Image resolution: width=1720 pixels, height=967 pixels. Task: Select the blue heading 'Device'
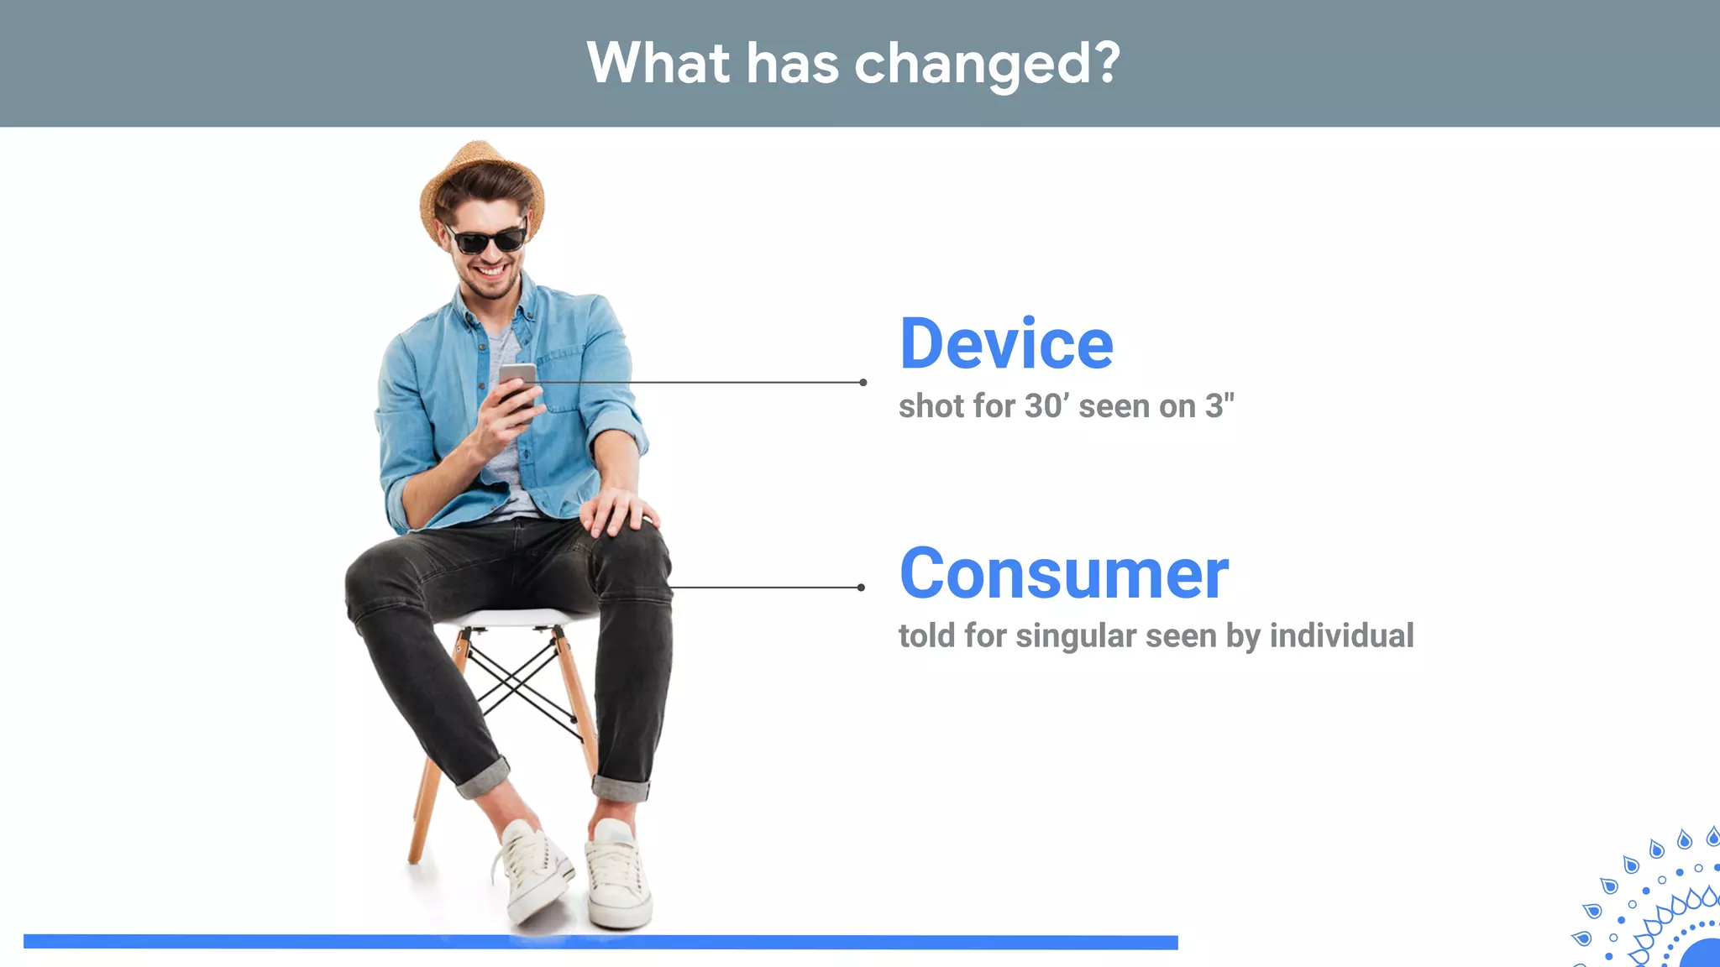coord(1006,344)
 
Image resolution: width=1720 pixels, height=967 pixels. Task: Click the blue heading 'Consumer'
coord(1063,574)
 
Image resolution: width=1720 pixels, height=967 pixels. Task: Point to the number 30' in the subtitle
coord(1047,406)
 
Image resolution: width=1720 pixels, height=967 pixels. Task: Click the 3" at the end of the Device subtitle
coord(1219,406)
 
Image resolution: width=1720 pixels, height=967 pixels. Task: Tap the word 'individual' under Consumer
coord(1341,635)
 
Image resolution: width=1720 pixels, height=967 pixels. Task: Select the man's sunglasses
coord(488,238)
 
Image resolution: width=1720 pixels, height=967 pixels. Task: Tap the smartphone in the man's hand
coord(517,382)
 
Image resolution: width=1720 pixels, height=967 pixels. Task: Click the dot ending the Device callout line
coord(863,383)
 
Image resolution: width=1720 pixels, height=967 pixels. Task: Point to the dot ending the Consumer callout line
coord(861,588)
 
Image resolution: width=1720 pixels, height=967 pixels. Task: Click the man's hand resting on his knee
coord(620,509)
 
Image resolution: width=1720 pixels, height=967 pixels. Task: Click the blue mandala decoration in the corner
coord(1654,907)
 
